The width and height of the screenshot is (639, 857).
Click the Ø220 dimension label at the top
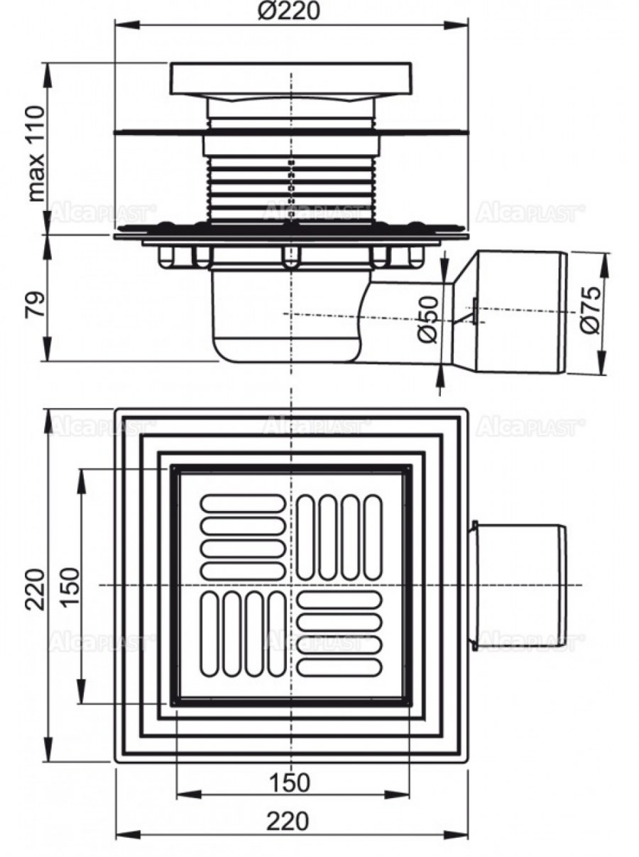click(290, 12)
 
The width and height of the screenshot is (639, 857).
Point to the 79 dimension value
click(35, 301)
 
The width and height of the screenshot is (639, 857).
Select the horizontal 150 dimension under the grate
click(290, 782)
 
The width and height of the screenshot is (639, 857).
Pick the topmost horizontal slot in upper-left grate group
click(243, 503)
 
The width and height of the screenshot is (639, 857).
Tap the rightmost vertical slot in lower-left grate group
click(276, 633)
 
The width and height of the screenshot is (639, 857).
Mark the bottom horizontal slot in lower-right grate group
click(339, 667)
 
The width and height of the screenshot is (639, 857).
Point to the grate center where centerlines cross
click(290, 585)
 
